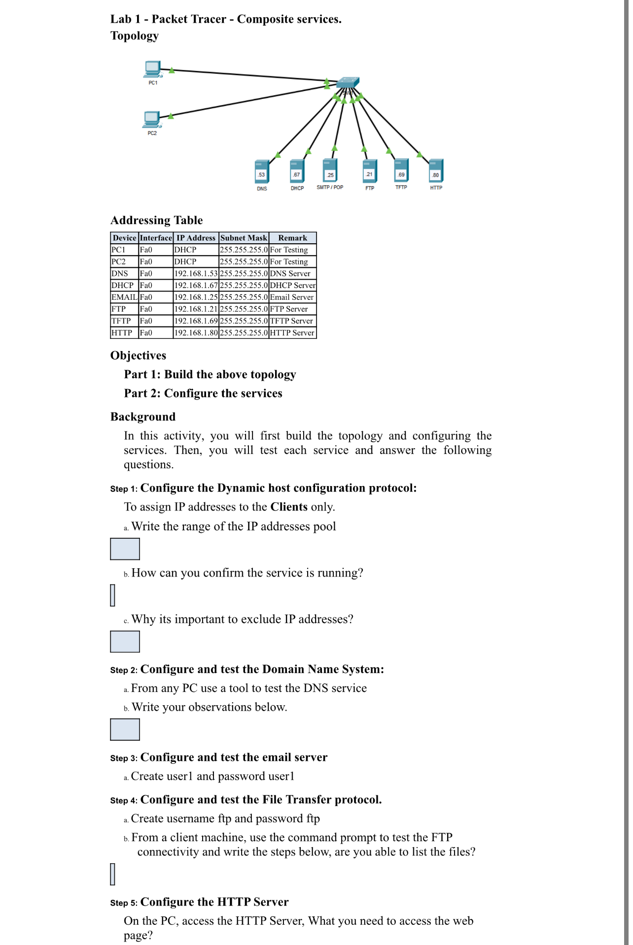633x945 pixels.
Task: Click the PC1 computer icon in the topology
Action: [153, 69]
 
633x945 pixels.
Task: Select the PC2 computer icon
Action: [152, 119]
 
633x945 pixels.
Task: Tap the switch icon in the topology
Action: [348, 83]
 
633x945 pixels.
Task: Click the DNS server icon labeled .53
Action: [262, 171]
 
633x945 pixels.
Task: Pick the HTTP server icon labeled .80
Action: [436, 171]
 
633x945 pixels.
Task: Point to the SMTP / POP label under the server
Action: [330, 188]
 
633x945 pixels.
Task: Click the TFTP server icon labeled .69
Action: [401, 170]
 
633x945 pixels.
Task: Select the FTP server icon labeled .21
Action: [369, 171]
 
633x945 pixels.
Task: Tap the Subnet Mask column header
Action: [244, 238]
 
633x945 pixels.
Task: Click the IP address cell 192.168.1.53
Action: [196, 273]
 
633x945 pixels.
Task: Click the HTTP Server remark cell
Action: [292, 332]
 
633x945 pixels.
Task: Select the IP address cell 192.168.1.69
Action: [196, 321]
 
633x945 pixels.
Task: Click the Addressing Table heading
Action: [156, 220]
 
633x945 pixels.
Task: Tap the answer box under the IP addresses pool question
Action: [125, 549]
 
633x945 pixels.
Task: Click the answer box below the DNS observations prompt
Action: [125, 729]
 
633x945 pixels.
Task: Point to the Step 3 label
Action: [123, 758]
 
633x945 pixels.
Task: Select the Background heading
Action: [142, 417]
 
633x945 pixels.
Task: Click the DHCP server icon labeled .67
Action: [297, 171]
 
